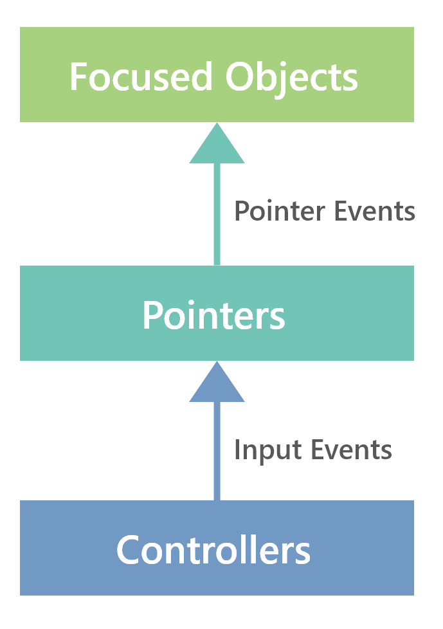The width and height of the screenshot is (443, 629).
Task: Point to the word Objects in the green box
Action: [x=291, y=77]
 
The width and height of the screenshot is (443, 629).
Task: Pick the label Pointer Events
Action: [x=324, y=212]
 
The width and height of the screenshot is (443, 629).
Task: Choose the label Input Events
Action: [x=312, y=449]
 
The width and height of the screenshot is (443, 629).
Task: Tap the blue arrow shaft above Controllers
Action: [x=217, y=450]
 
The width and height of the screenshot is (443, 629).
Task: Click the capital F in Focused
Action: [x=78, y=77]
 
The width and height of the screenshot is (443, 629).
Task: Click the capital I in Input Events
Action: [x=238, y=449]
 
